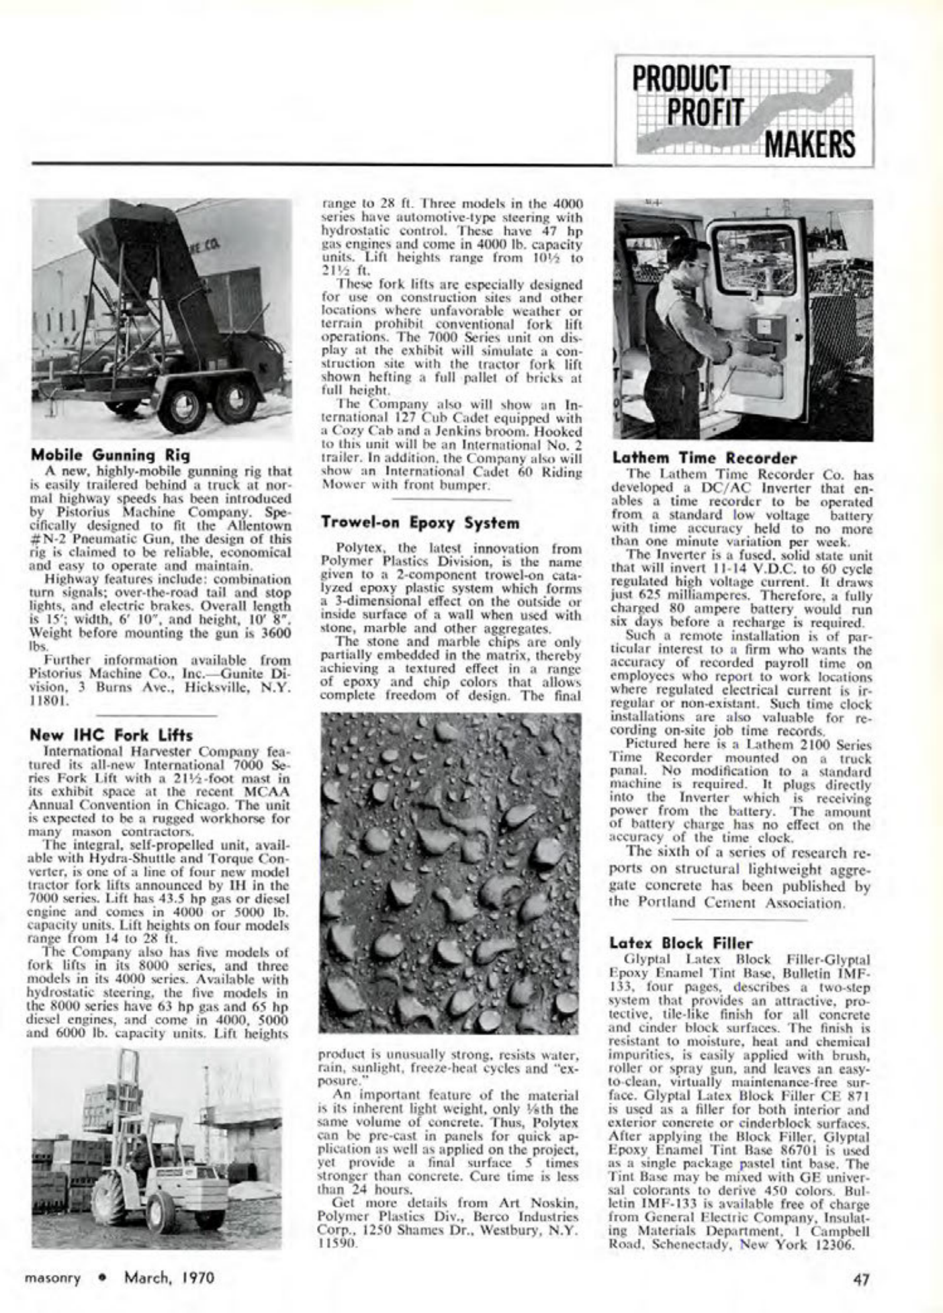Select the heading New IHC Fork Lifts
coord(111,735)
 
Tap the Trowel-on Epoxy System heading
coord(420,523)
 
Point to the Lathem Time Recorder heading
coord(704,459)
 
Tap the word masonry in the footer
coord(52,1278)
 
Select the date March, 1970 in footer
coord(169,1277)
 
